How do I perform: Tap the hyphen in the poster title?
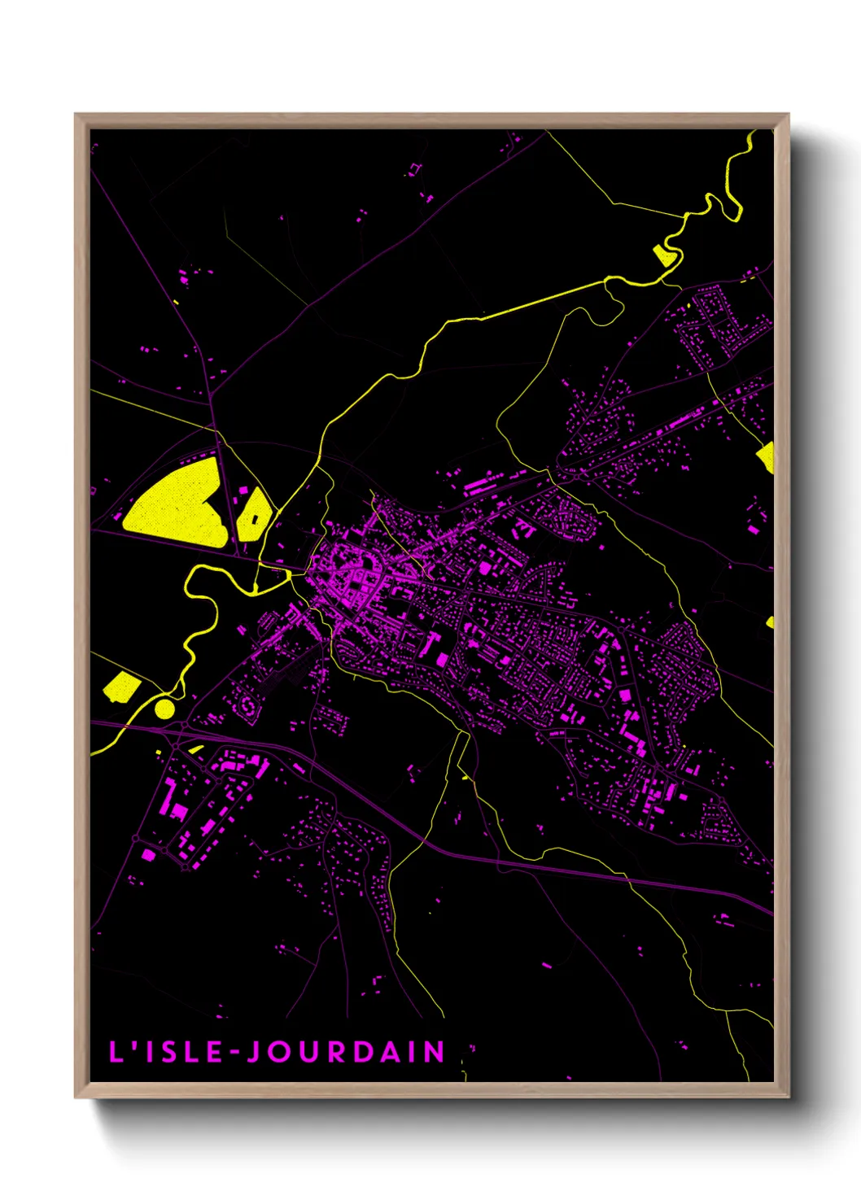pos(234,1053)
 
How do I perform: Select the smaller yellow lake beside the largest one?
pos(254,514)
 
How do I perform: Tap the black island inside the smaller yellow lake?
pos(256,517)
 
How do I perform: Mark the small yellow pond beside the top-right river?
pos(664,256)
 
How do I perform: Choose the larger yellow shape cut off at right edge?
pos(766,457)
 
